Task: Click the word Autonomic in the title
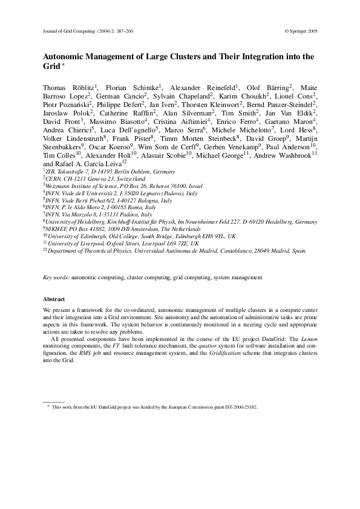click(x=65, y=57)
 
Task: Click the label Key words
click(x=56, y=277)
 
